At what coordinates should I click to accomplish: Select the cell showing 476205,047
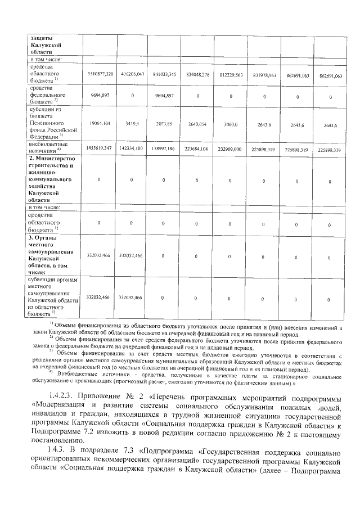[x=133, y=74]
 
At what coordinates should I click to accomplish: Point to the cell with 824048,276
[x=197, y=74]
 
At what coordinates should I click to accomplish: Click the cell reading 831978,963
[x=264, y=74]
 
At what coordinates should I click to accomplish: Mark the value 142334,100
[x=133, y=147]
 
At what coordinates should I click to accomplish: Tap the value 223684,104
[x=197, y=148]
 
